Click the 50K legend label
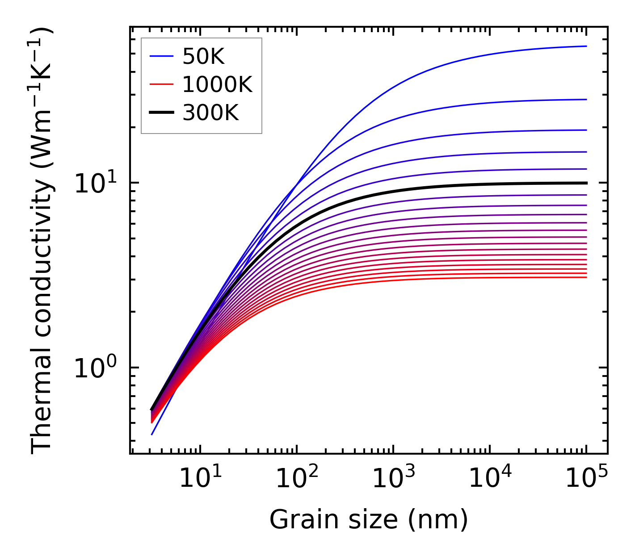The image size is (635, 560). pos(203,56)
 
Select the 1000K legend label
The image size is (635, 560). pos(217,84)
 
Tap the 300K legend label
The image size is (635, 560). pos(210,113)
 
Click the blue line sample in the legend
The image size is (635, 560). pos(161,56)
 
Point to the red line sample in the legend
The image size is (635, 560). pos(161,84)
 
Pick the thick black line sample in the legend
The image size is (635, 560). pos(161,113)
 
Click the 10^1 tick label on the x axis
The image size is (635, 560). pos(200,479)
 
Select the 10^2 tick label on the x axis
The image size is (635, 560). pos(297,479)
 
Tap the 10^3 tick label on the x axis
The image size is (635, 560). pos(393,479)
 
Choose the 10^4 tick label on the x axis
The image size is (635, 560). pos(490,479)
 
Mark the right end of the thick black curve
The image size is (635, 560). pos(586,183)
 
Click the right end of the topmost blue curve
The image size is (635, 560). pos(586,46)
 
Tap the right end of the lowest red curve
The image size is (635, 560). pos(586,277)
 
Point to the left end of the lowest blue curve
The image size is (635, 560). pos(152,434)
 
